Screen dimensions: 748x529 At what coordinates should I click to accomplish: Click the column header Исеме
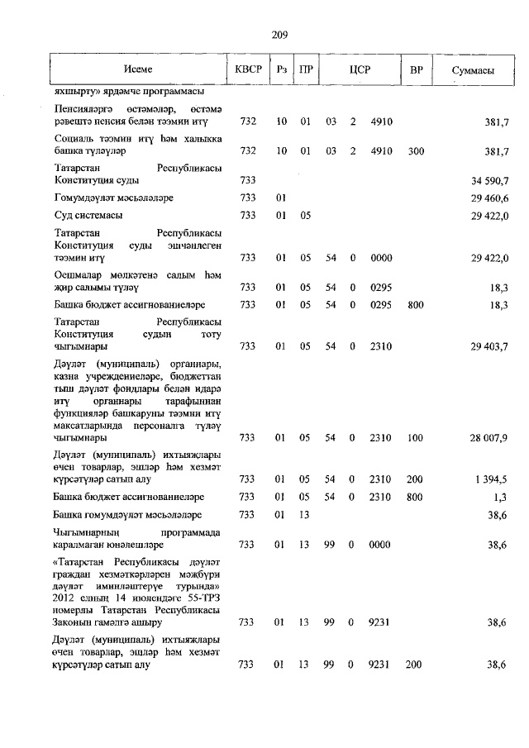pyautogui.click(x=138, y=71)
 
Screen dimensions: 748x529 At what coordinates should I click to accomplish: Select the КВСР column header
pyautogui.click(x=247, y=71)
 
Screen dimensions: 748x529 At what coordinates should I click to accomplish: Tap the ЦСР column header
pyautogui.click(x=359, y=71)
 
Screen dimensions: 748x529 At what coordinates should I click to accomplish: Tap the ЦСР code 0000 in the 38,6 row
pyautogui.click(x=380, y=545)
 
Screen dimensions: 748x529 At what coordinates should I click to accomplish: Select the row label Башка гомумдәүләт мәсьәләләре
pyautogui.click(x=122, y=515)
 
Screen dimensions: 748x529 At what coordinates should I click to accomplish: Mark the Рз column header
pyautogui.click(x=281, y=71)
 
